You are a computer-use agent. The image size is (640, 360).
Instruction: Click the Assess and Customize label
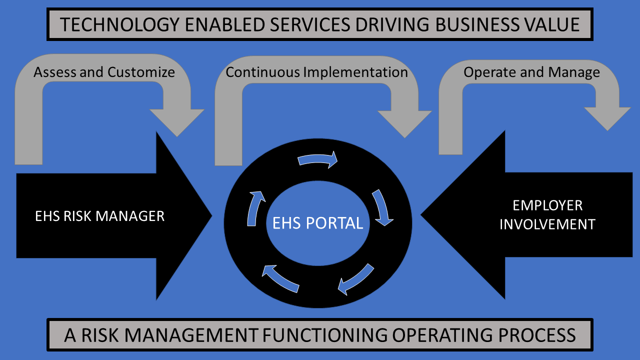tap(104, 72)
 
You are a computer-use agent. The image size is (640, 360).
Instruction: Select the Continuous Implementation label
tap(316, 72)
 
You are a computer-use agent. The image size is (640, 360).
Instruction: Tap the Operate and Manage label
tap(531, 72)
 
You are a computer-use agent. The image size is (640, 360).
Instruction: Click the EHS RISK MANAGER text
tap(99, 216)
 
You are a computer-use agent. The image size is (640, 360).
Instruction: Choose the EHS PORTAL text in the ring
tap(317, 222)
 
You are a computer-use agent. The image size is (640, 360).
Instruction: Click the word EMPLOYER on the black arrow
tap(547, 205)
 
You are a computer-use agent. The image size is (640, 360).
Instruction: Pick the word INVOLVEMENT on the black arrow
tap(547, 224)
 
